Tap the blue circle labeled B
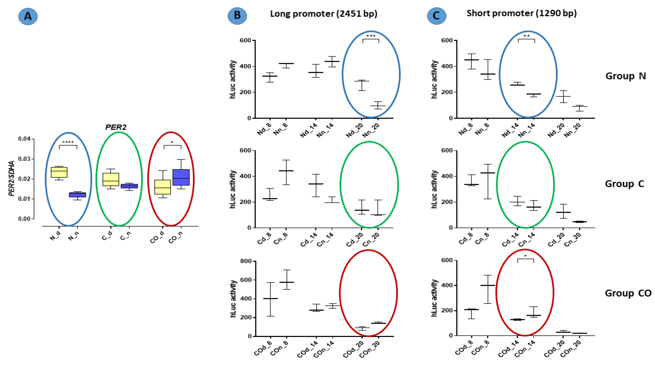[x=237, y=16]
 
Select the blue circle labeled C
[x=436, y=16]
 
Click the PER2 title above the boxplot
[x=116, y=127]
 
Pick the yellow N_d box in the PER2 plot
[x=59, y=172]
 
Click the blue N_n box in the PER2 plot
[x=77, y=194]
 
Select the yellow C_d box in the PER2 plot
[x=111, y=179]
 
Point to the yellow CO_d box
[x=163, y=187]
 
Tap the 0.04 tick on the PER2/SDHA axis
[x=24, y=139]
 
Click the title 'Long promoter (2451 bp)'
[x=323, y=14]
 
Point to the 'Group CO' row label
[x=628, y=293]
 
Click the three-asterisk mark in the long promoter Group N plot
[x=371, y=36]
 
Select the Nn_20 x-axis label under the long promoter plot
[x=371, y=130]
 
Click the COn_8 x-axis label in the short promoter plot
[x=479, y=348]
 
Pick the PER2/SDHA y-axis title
[x=12, y=178]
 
